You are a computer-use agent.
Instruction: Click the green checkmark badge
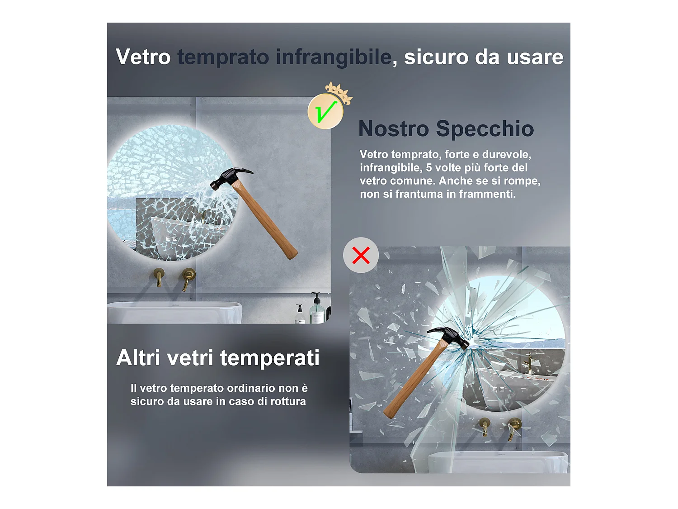tap(325, 112)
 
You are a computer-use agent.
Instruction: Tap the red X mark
tap(361, 255)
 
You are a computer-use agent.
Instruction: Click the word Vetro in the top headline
tap(143, 57)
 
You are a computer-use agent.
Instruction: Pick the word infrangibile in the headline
tap(334, 57)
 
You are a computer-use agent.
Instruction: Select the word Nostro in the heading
tap(393, 129)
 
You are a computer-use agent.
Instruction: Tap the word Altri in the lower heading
tap(138, 358)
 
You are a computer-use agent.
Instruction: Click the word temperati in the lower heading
tap(270, 358)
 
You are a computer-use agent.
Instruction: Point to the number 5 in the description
tap(429, 168)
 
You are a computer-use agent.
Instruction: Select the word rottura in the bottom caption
tap(288, 401)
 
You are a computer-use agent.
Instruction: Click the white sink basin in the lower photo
tap(497, 462)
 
